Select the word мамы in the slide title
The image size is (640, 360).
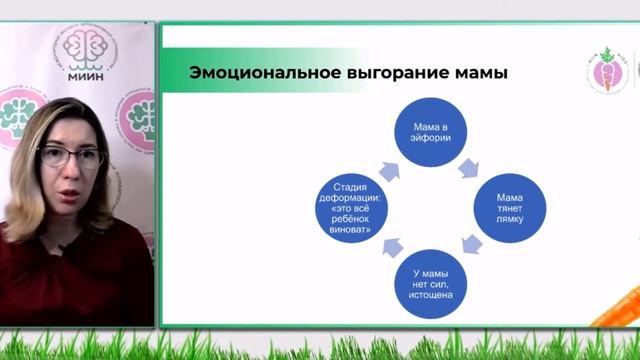(x=481, y=73)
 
